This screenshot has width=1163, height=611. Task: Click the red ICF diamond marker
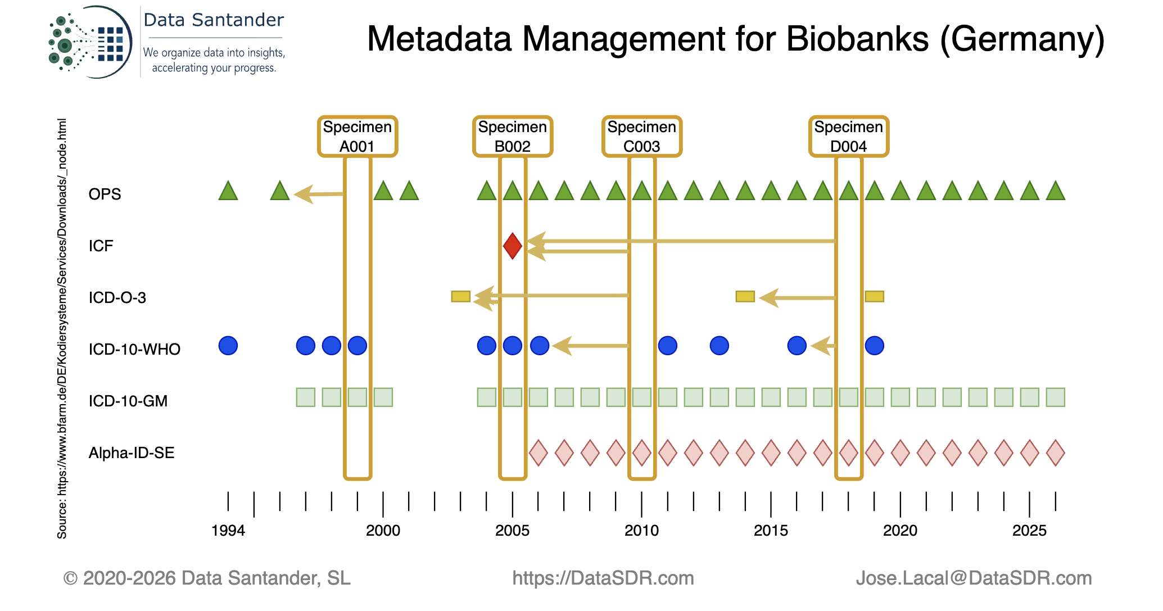[512, 246]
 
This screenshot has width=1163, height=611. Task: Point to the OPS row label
[105, 194]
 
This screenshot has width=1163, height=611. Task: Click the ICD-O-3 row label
[117, 297]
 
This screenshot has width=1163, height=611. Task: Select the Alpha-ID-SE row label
[132, 452]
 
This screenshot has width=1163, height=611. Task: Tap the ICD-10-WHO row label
[134, 349]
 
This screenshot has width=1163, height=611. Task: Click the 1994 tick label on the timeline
[228, 531]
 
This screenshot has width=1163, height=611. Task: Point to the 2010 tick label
[641, 531]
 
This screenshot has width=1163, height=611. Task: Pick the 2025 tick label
[1029, 531]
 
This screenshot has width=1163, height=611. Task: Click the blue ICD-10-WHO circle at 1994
[228, 345]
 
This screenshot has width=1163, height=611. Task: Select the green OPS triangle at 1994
[228, 191]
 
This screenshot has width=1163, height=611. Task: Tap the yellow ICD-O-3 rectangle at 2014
[745, 296]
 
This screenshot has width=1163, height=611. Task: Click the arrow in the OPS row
[319, 194]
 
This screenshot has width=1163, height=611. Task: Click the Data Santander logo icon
[90, 42]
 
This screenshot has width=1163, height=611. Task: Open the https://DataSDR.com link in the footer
[603, 578]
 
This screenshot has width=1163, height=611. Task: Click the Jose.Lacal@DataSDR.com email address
[974, 578]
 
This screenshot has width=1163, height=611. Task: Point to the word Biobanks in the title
[857, 39]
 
